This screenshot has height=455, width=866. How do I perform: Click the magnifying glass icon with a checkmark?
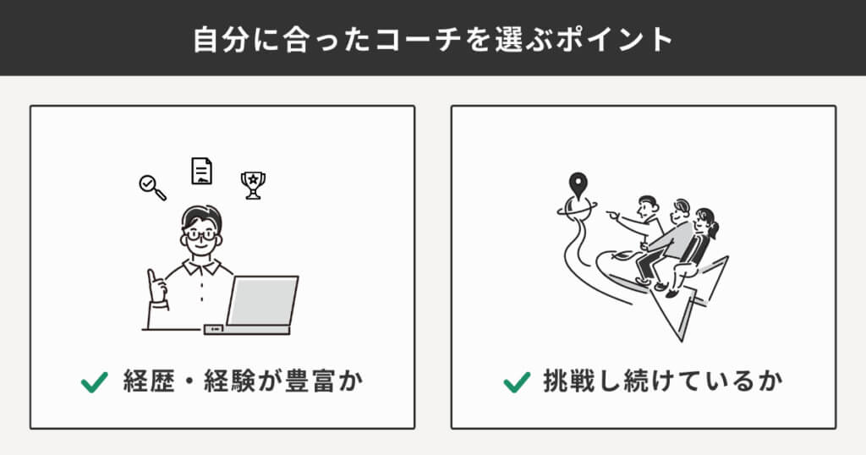click(x=152, y=187)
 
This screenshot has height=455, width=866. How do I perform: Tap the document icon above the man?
click(x=201, y=171)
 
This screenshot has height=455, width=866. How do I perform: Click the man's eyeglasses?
click(x=201, y=234)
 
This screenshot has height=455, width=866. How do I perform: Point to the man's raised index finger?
click(x=151, y=277)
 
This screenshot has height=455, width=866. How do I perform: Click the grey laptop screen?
click(x=263, y=301)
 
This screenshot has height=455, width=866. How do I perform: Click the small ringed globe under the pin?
click(x=577, y=209)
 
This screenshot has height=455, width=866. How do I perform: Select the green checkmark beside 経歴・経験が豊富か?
click(x=95, y=382)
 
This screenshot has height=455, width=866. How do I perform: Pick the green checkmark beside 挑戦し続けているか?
click(x=517, y=382)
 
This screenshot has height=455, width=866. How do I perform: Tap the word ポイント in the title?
click(x=614, y=40)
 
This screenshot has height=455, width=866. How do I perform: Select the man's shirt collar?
click(x=201, y=266)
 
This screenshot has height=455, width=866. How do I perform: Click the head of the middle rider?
click(x=681, y=210)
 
